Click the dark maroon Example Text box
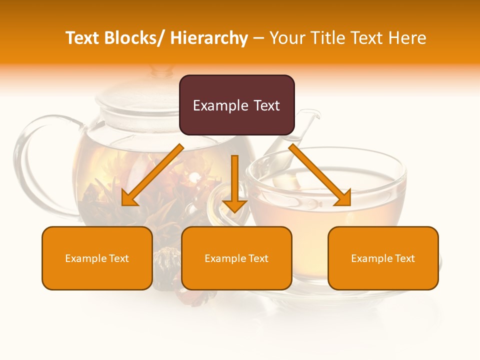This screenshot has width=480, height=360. point(236,105)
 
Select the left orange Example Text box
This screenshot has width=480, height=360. point(97,258)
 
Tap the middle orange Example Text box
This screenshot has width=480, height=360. point(236,258)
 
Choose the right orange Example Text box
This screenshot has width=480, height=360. point(383,258)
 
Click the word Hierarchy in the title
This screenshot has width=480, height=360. point(209,38)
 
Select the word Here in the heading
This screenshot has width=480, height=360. point(408,38)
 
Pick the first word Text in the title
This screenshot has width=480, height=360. point(83,38)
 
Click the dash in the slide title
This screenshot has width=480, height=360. point(258,38)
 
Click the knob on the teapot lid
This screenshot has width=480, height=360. point(161,71)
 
